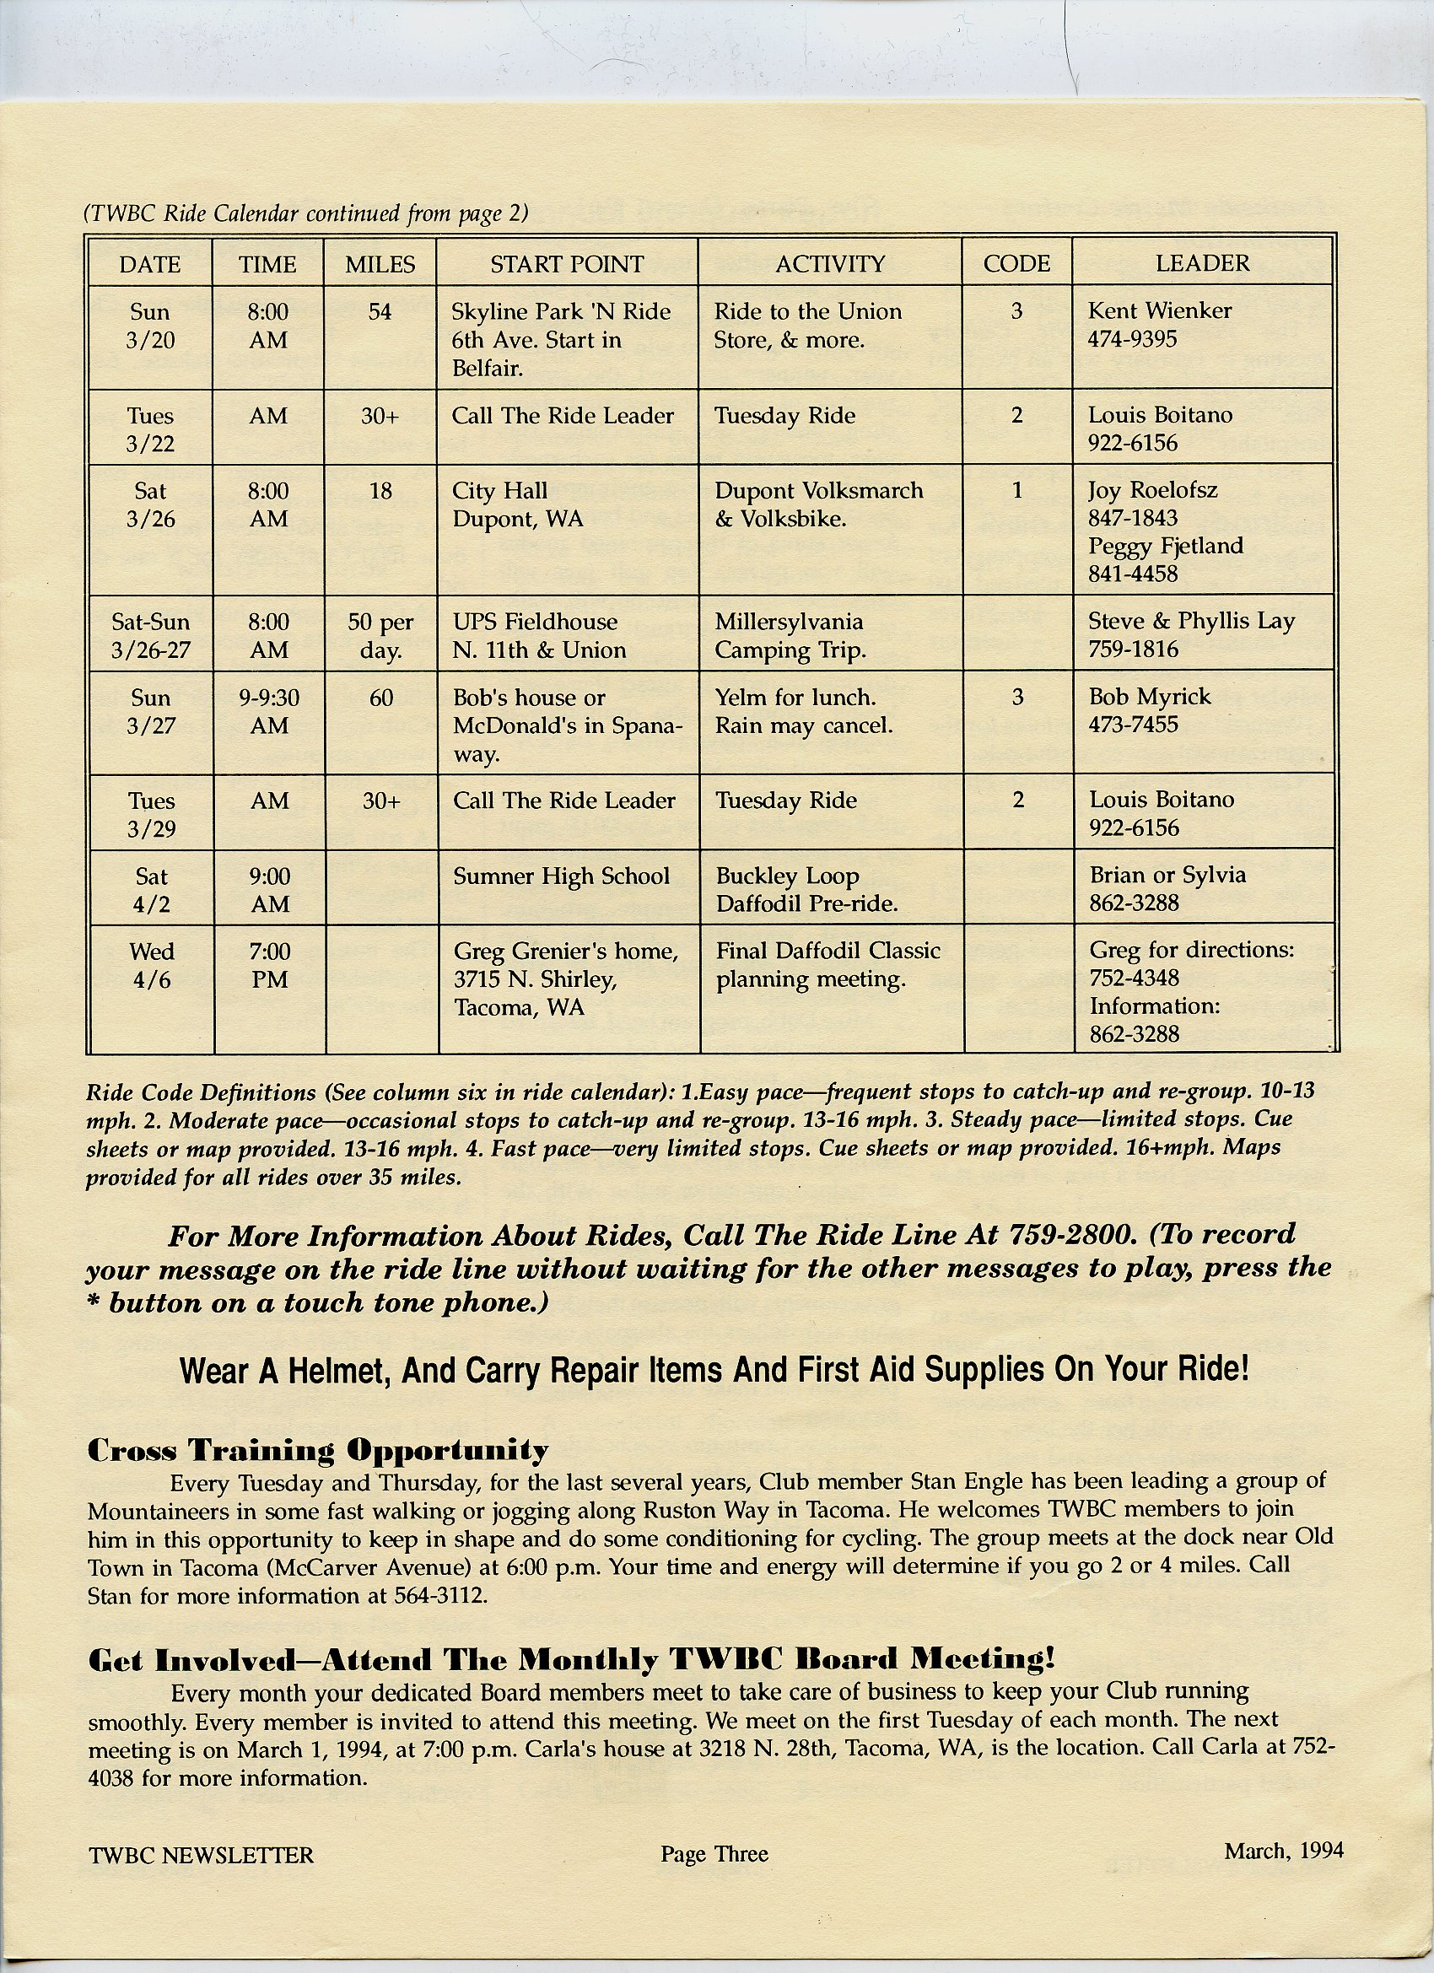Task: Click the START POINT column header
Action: [x=567, y=263]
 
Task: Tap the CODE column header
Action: [x=1016, y=263]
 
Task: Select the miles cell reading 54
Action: [x=380, y=311]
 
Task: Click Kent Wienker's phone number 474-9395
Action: [x=1132, y=339]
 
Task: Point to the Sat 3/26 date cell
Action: [x=150, y=504]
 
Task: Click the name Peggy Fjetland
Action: [x=1165, y=546]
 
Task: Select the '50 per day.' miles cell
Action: [x=380, y=636]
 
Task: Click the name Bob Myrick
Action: [x=1150, y=697]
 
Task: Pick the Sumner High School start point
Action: [x=561, y=876]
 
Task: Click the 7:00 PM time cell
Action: [x=270, y=966]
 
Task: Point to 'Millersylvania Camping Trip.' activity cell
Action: [x=790, y=636]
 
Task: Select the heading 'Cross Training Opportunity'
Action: [x=318, y=1450]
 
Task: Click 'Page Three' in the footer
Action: [x=714, y=1854]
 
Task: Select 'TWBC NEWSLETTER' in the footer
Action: [x=201, y=1855]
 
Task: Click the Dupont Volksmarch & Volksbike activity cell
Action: [x=818, y=504]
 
